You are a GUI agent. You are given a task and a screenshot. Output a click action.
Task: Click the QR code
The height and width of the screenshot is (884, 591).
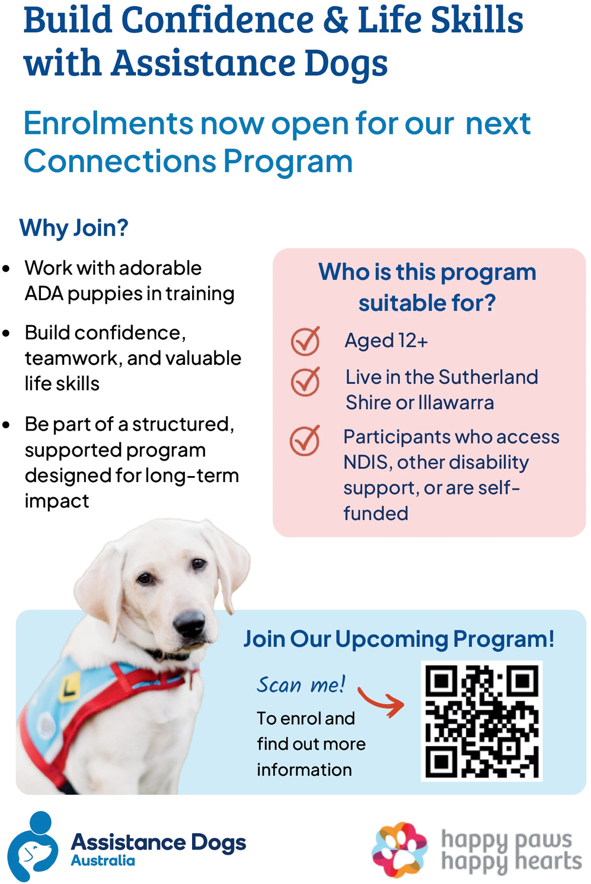(481, 721)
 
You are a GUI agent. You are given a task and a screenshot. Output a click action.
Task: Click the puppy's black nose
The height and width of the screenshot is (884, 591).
(189, 623)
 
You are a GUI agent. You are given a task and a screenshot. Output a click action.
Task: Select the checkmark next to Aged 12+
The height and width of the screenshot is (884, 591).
(305, 342)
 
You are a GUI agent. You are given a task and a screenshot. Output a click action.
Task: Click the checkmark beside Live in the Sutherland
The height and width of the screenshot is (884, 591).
(305, 381)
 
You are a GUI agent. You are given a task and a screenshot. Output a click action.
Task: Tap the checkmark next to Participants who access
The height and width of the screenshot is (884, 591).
(305, 441)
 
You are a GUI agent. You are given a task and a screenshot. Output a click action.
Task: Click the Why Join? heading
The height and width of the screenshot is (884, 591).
(74, 228)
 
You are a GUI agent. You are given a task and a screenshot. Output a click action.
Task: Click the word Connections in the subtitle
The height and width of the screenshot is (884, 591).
(120, 162)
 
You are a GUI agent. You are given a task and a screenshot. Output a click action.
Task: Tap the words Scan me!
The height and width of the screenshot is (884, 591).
(301, 684)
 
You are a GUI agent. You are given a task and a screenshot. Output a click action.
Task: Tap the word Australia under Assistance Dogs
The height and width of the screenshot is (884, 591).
(103, 860)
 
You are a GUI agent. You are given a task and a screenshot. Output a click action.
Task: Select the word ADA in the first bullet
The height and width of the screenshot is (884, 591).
(44, 294)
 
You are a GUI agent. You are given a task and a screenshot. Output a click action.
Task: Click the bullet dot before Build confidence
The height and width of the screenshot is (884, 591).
(6, 333)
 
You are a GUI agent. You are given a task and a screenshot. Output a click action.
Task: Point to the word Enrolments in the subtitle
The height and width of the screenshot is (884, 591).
(108, 124)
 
